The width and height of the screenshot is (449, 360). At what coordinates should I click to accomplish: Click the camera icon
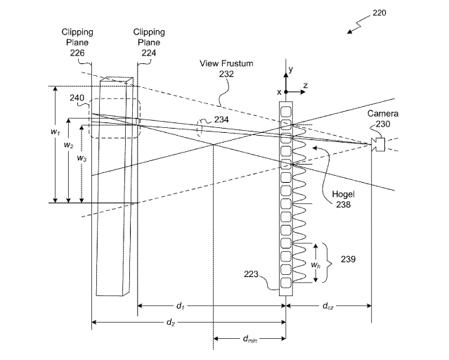pos(378,144)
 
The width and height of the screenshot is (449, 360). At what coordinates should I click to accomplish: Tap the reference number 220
pos(379,13)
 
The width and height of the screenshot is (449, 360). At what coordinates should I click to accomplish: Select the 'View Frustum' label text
pos(226,63)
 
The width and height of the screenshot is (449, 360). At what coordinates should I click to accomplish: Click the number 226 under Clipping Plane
pos(77,53)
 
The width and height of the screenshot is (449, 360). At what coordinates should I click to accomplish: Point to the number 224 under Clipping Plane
pos(149,53)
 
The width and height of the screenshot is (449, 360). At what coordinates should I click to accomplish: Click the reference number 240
pos(77,98)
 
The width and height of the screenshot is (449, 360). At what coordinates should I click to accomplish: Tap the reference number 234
pos(221,120)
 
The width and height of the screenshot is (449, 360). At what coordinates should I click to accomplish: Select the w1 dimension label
pos(56,132)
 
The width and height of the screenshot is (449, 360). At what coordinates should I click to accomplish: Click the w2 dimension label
pos(68,145)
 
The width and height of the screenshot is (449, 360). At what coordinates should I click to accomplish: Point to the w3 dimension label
pos(82,158)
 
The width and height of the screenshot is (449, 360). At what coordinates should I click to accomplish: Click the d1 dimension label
pos(180,306)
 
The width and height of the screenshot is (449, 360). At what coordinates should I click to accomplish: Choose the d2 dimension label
pos(171,323)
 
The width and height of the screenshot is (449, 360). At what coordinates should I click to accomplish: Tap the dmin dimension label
pos(250,339)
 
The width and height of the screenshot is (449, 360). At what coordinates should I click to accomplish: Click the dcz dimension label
pos(328,306)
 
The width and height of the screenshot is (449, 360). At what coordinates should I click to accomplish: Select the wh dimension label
pos(315,265)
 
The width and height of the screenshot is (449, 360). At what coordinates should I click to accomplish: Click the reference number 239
pos(349,259)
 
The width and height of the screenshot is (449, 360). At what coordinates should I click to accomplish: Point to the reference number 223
pos(251,274)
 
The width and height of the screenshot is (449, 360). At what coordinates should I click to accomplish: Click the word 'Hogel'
pos(343,194)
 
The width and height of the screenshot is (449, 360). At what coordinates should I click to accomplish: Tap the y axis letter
pos(291,70)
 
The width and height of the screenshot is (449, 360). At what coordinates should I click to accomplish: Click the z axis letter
pos(306,85)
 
